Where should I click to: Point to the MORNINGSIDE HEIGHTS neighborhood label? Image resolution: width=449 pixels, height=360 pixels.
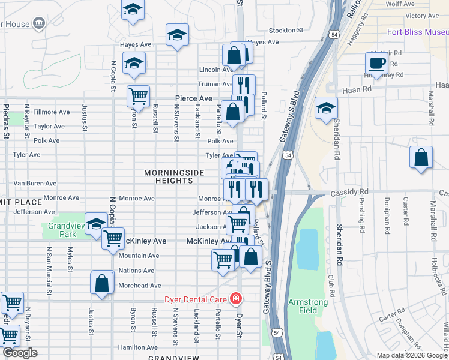coord(174,177)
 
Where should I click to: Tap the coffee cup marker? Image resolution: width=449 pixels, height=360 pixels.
coord(377,63)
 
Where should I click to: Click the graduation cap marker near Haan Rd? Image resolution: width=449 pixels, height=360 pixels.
coord(327,107)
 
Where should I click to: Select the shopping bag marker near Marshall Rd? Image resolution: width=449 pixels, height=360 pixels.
coord(421,158)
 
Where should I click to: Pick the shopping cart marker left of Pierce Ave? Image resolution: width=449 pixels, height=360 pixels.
coord(139,96)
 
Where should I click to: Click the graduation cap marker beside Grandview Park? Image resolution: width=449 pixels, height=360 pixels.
coord(95,224)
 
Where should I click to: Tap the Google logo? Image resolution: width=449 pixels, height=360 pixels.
coord(19,353)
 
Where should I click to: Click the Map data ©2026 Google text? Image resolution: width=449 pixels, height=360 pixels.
coord(412,355)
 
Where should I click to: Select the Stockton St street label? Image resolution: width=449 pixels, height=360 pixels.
coord(286,30)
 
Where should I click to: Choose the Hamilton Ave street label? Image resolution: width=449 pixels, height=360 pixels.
coord(138,347)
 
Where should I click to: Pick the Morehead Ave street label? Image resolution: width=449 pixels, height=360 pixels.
coord(139,286)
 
